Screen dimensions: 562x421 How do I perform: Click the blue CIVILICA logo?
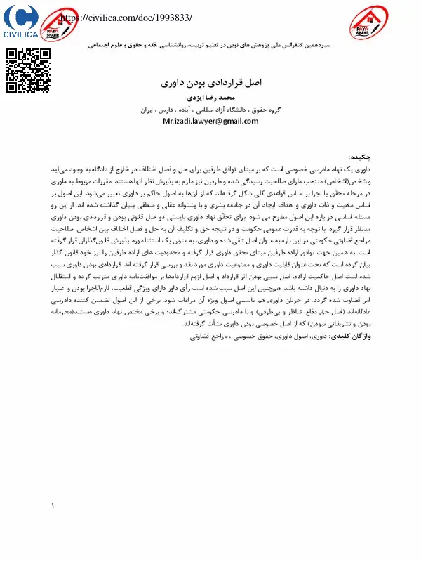pyautogui.click(x=20, y=22)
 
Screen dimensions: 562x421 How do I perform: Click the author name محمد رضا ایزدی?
pyautogui.click(x=210, y=98)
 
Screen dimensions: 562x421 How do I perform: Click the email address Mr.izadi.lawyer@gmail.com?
pyautogui.click(x=210, y=121)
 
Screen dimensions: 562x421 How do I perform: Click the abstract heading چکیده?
pyautogui.click(x=362, y=158)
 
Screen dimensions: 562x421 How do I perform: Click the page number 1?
pyautogui.click(x=53, y=507)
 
